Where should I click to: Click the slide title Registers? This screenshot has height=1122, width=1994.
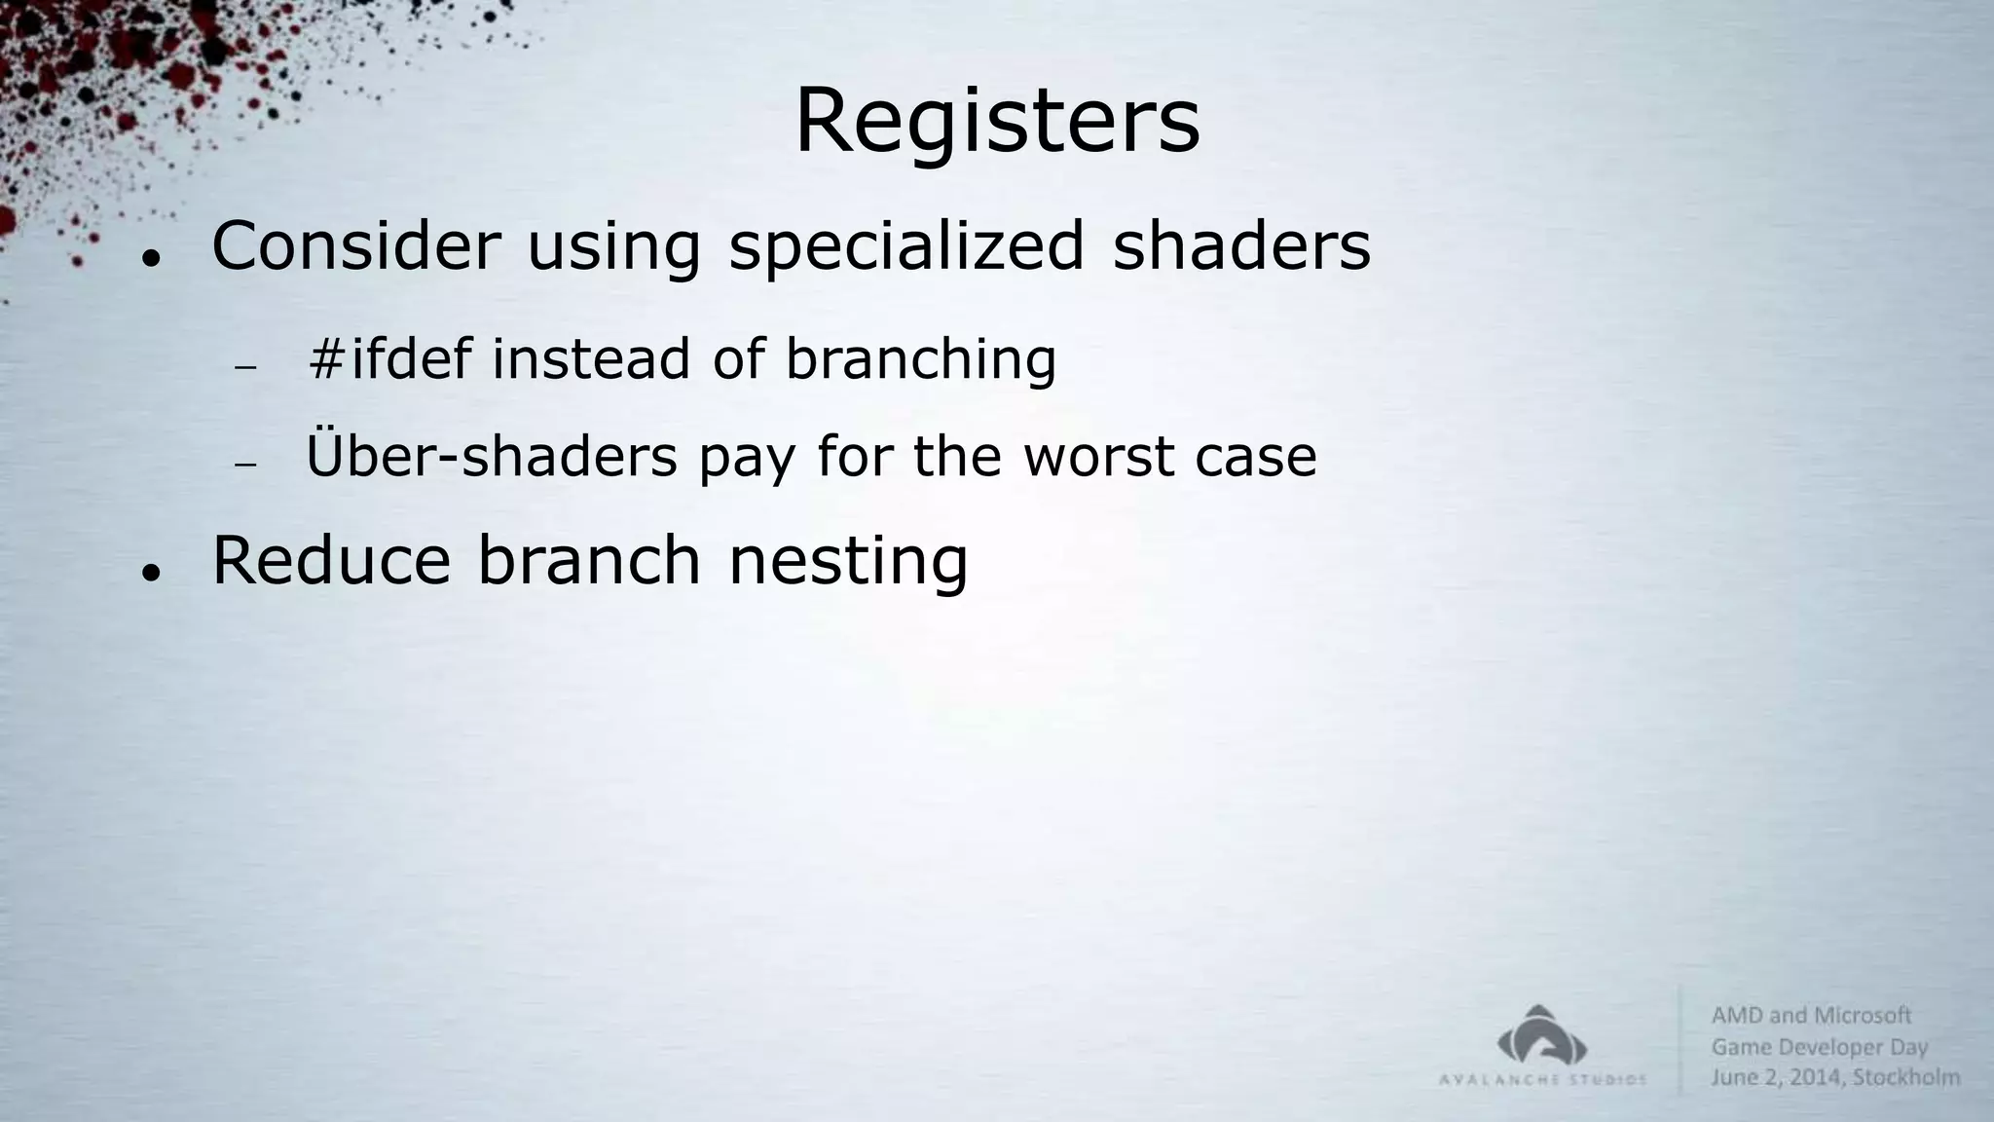click(997, 122)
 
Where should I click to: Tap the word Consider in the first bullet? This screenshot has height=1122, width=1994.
click(355, 245)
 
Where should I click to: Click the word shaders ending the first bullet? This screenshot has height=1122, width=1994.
click(1241, 245)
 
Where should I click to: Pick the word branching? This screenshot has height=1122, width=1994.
click(920, 360)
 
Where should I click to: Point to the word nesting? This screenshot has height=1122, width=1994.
click(848, 563)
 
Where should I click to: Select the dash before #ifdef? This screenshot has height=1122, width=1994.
click(245, 367)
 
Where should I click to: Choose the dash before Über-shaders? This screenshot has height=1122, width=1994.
click(245, 465)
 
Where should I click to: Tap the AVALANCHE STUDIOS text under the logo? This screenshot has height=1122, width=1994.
click(1542, 1079)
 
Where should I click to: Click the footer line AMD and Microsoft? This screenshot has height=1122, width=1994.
click(1811, 1016)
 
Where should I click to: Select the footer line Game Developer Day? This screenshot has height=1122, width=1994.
click(1819, 1047)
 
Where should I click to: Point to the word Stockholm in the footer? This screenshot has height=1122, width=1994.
click(1906, 1077)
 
